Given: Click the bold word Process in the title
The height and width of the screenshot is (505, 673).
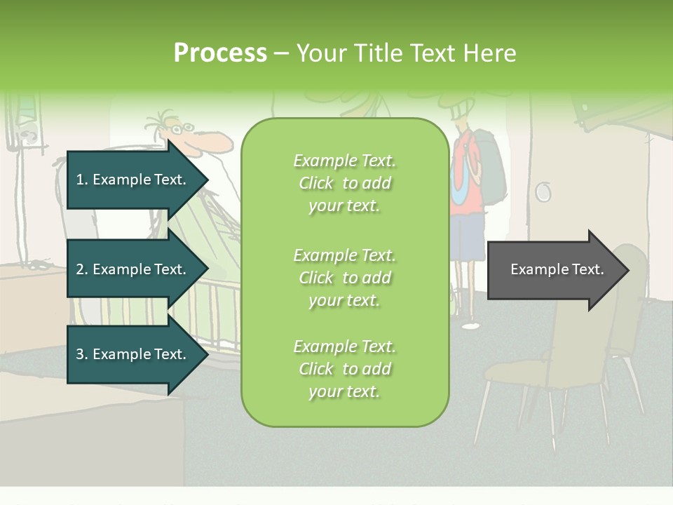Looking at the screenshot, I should (220, 53).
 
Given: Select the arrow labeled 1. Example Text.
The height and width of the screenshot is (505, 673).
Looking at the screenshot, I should (133, 180).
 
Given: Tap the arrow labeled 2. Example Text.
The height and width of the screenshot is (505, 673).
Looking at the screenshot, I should (133, 269).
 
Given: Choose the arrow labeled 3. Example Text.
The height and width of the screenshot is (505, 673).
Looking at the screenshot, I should (133, 354).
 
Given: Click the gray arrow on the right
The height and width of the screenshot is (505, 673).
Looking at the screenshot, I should (554, 269).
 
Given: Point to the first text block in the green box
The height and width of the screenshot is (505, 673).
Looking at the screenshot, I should (344, 183).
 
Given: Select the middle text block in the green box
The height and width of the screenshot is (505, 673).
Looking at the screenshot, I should (344, 277).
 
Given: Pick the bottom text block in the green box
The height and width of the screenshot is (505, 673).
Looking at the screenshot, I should (344, 369).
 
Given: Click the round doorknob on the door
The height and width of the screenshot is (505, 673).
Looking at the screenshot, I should (543, 191).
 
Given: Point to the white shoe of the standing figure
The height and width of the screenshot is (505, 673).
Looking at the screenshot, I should (471, 325).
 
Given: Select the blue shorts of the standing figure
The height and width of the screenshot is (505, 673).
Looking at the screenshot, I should (467, 236).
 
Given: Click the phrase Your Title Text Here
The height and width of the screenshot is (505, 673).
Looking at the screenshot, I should (407, 53).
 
